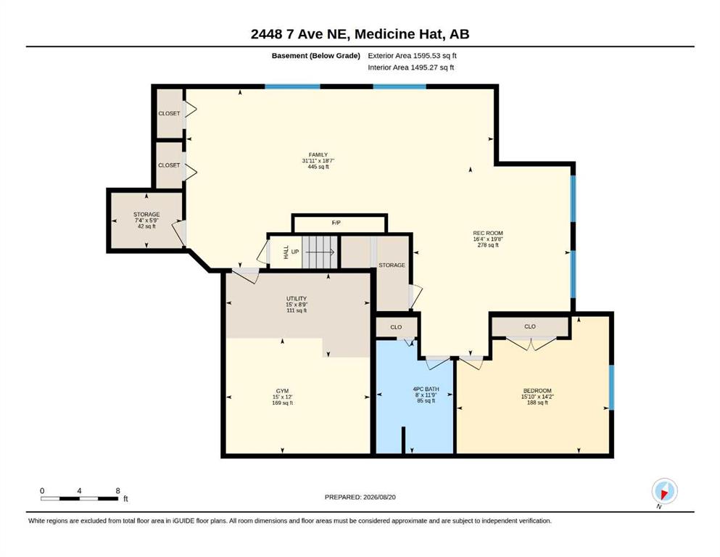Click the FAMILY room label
click(318, 154)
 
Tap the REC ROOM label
click(488, 233)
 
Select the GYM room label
click(282, 391)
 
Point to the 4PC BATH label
click(426, 389)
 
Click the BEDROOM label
click(537, 391)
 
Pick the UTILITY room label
click(296, 299)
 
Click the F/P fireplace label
click(336, 223)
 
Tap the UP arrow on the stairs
click(319, 252)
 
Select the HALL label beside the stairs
click(286, 252)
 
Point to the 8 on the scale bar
click(117, 490)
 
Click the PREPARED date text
click(360, 497)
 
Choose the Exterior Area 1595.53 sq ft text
click(412, 56)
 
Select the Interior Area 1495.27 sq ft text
click(411, 67)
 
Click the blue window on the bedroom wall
click(611, 387)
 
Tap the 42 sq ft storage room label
click(146, 226)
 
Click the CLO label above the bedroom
click(530, 326)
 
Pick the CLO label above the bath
click(396, 327)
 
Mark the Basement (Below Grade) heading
click(316, 56)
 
